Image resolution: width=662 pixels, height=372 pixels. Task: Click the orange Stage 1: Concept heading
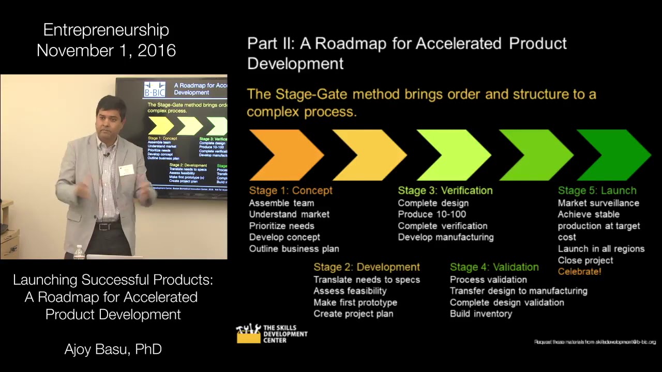tap(291, 191)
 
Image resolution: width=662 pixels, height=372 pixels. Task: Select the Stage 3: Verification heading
tap(445, 191)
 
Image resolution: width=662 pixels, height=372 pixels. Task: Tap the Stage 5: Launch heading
tap(597, 191)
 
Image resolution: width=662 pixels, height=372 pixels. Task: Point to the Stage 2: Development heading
tap(366, 267)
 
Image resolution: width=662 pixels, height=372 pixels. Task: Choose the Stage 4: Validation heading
tap(494, 267)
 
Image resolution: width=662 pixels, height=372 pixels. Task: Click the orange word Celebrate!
tap(579, 271)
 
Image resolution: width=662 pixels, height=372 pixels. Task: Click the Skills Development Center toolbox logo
tap(248, 334)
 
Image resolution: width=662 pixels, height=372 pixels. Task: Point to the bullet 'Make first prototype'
tap(355, 302)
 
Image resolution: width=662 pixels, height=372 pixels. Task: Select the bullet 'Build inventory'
tap(480, 314)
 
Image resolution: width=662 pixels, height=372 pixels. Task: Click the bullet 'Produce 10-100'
tap(432, 214)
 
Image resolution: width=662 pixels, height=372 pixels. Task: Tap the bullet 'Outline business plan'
tap(294, 249)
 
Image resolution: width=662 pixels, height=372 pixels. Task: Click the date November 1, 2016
tap(106, 51)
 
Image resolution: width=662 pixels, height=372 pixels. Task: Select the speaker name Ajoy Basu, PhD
tap(113, 349)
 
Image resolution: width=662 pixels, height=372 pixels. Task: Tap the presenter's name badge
tap(126, 169)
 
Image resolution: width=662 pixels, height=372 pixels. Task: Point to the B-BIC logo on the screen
tap(155, 89)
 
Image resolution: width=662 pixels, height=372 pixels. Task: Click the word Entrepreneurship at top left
tap(106, 30)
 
